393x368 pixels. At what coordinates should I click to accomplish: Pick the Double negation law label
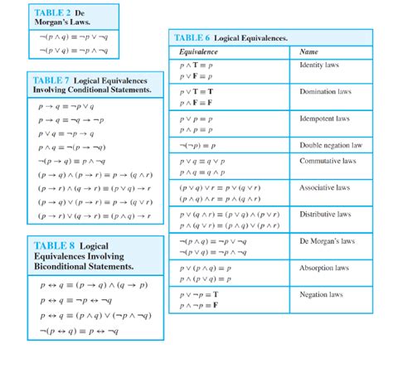[x=331, y=144]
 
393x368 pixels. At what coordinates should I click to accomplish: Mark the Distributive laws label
[x=326, y=214]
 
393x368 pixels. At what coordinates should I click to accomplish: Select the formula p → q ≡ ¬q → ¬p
[x=70, y=119]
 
